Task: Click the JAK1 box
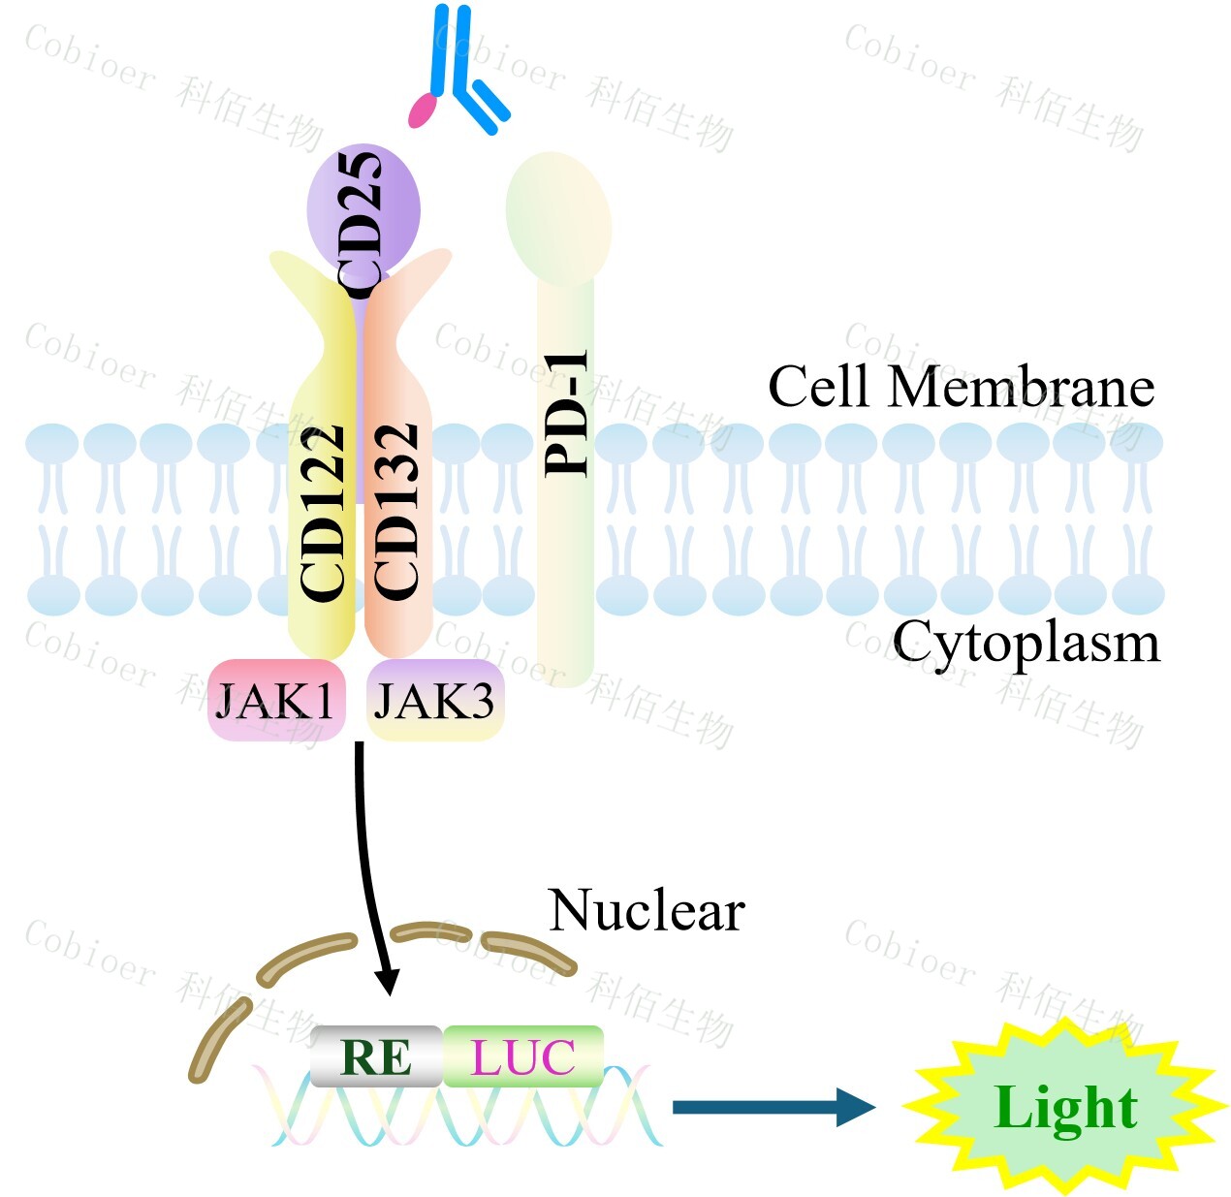[x=276, y=700]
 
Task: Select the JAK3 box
[x=434, y=700]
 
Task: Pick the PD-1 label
[x=568, y=413]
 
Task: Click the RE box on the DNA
[x=376, y=1056]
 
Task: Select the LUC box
[x=523, y=1056]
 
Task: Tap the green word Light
[x=1065, y=1108]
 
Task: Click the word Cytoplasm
[x=1026, y=642]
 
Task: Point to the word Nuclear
[x=647, y=911]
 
